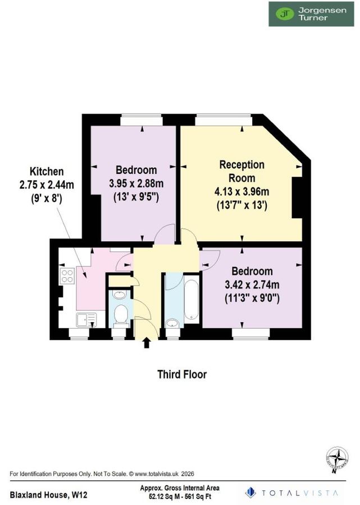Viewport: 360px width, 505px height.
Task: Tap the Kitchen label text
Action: pyautogui.click(x=47, y=171)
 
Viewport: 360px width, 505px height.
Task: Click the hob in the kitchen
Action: pyautogui.click(x=67, y=276)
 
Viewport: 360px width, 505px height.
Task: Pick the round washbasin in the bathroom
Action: pyautogui.click(x=172, y=323)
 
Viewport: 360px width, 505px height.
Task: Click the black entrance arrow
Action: pyautogui.click(x=147, y=342)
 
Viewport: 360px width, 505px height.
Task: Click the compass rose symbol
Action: pyautogui.click(x=337, y=457)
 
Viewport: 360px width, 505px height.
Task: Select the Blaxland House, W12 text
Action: pyautogui.click(x=48, y=494)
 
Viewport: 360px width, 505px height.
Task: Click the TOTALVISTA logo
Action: pyautogui.click(x=292, y=493)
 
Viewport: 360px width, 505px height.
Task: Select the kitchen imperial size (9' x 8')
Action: pyautogui.click(x=47, y=198)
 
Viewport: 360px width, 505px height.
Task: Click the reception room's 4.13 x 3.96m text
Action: pyautogui.click(x=241, y=191)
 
